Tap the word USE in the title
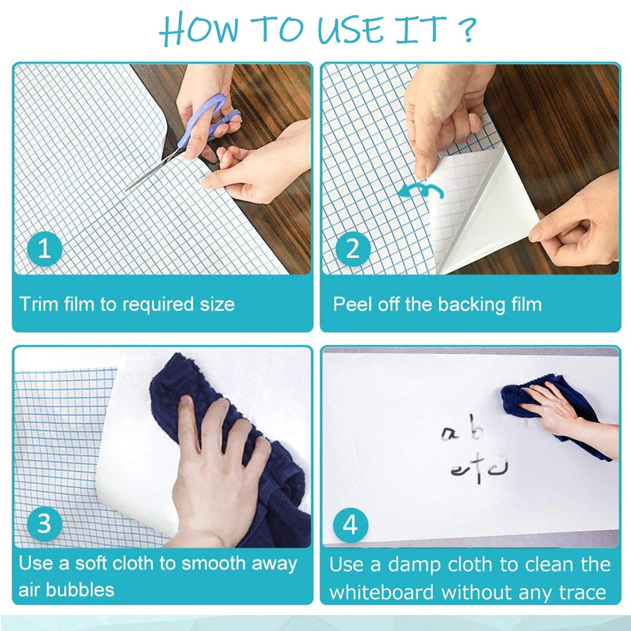tap(351, 29)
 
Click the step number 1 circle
tap(45, 249)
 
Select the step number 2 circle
tap(353, 249)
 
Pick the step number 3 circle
tap(45, 523)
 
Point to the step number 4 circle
tap(350, 525)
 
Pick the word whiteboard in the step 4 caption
tap(381, 592)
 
